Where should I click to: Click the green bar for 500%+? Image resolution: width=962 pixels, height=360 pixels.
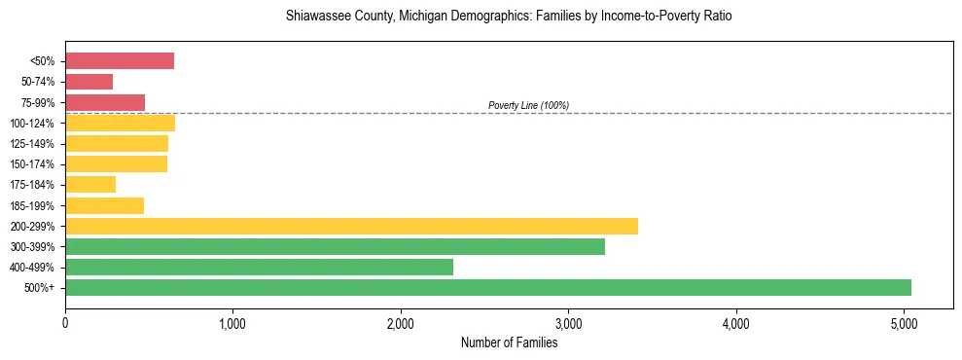tap(488, 287)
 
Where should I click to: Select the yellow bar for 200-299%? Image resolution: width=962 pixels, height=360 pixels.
tap(351, 226)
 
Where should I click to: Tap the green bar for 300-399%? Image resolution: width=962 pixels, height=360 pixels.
tap(335, 246)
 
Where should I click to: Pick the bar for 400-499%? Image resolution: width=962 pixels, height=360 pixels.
tap(259, 267)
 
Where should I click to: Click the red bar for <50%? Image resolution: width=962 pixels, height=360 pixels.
tap(120, 61)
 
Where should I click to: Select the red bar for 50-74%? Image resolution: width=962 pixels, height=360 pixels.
tap(89, 82)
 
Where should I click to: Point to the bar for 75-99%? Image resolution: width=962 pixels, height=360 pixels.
tap(105, 102)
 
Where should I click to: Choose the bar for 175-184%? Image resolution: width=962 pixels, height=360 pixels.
tap(90, 184)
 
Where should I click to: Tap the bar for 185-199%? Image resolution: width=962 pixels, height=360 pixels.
tap(104, 205)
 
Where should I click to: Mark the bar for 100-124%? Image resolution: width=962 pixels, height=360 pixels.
tap(120, 123)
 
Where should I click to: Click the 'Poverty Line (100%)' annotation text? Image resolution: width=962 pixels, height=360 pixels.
tap(528, 105)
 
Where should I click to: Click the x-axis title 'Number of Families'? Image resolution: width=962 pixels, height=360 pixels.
tap(509, 342)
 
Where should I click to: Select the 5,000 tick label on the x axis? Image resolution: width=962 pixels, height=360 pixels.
tap(904, 322)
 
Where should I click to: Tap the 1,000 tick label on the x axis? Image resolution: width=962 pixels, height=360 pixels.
tap(232, 322)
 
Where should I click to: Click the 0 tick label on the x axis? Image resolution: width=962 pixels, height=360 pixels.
tap(65, 322)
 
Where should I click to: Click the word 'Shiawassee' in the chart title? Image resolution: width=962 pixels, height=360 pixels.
tap(315, 17)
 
